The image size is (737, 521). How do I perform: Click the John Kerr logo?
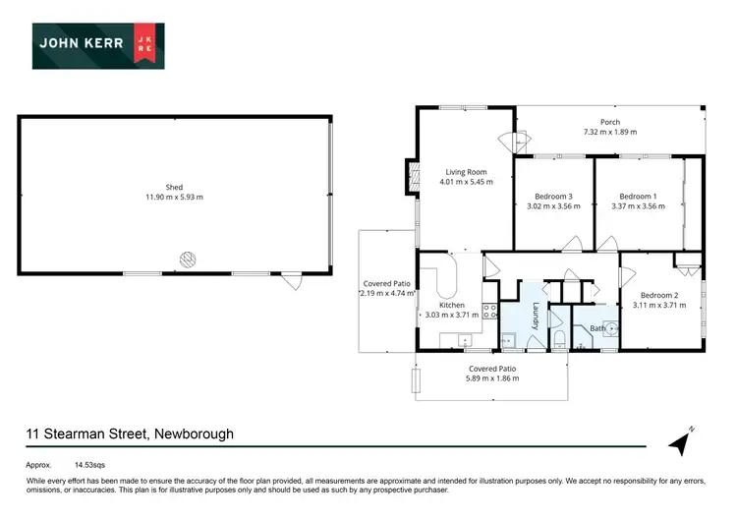click(x=98, y=45)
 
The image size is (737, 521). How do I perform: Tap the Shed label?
click(x=174, y=187)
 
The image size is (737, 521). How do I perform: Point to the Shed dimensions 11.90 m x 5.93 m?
click(x=174, y=198)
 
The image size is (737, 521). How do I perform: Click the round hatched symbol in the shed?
click(x=187, y=260)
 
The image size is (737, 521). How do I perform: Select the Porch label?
click(x=609, y=122)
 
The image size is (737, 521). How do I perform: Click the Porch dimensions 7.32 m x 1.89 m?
click(x=609, y=132)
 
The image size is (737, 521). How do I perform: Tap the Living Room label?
click(x=465, y=172)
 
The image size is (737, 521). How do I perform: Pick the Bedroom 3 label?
click(x=553, y=197)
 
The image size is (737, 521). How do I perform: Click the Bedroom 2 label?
click(x=658, y=295)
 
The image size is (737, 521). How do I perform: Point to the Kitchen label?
click(x=451, y=305)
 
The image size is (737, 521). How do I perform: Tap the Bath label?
click(x=596, y=328)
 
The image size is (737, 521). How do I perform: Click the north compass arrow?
click(x=681, y=441)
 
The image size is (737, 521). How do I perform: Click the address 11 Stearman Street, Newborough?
click(x=130, y=434)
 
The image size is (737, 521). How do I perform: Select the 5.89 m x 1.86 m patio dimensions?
click(x=493, y=377)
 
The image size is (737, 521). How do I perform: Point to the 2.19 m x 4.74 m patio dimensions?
click(x=387, y=293)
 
